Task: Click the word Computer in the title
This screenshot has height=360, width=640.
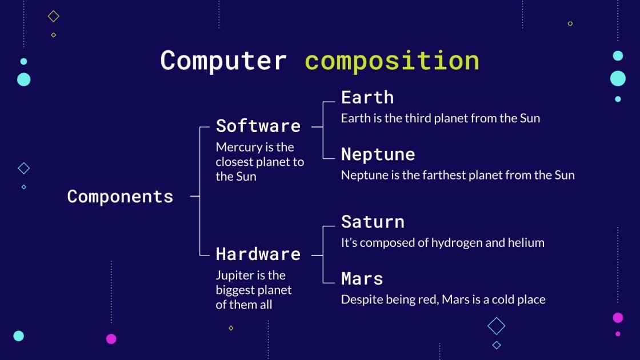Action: [223, 61]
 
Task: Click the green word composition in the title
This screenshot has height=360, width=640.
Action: [391, 61]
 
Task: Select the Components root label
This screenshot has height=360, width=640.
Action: [120, 196]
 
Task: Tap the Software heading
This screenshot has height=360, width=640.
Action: [258, 126]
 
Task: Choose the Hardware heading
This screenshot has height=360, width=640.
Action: [258, 254]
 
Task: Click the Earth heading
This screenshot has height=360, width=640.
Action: [367, 97]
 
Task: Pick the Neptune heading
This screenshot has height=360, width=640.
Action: [378, 154]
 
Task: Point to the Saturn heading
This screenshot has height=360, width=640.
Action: [372, 222]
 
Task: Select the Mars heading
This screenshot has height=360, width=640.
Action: [362, 278]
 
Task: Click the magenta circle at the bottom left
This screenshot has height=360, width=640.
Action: [111, 339]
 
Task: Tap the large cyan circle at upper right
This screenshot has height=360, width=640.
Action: [618, 78]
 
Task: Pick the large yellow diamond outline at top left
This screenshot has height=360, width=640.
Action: [53, 17]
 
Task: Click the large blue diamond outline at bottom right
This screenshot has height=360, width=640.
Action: [496, 326]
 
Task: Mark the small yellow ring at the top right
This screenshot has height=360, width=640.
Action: [570, 23]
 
